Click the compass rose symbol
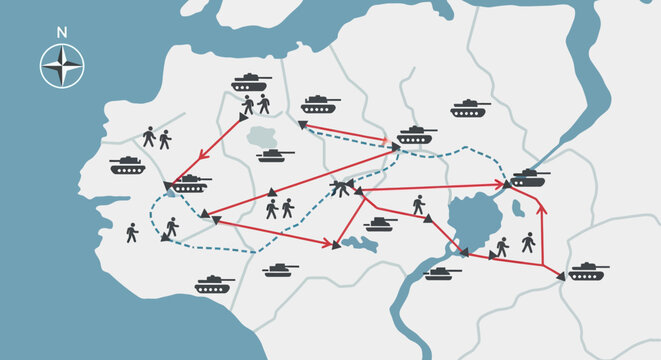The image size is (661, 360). click(x=62, y=67)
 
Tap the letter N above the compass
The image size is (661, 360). click(x=62, y=33)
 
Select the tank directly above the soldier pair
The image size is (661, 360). click(x=251, y=82)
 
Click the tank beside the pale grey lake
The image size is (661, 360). click(x=274, y=155)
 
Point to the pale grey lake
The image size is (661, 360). click(x=263, y=137)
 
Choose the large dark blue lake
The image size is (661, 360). click(x=472, y=220)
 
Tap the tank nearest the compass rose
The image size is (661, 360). click(x=127, y=165)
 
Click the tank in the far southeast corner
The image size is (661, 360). click(x=588, y=271)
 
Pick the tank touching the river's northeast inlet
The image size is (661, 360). click(x=529, y=178)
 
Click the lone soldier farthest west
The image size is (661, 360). click(x=132, y=233)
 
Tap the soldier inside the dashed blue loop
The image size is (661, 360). click(x=171, y=227)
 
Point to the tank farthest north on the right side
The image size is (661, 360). click(x=469, y=108)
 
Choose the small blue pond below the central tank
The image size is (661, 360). click(x=359, y=244)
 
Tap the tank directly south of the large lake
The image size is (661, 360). click(x=441, y=272)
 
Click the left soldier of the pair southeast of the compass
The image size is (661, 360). click(x=149, y=137)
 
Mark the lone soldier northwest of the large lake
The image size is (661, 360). click(x=419, y=204)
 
